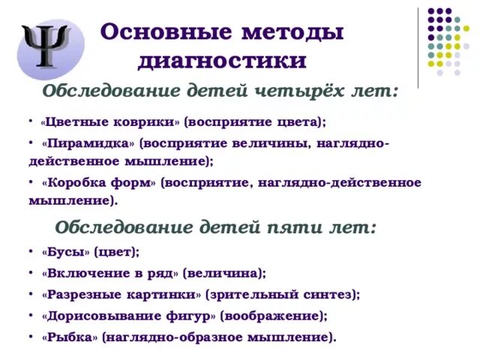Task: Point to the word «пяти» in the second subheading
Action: [x=287, y=227]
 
